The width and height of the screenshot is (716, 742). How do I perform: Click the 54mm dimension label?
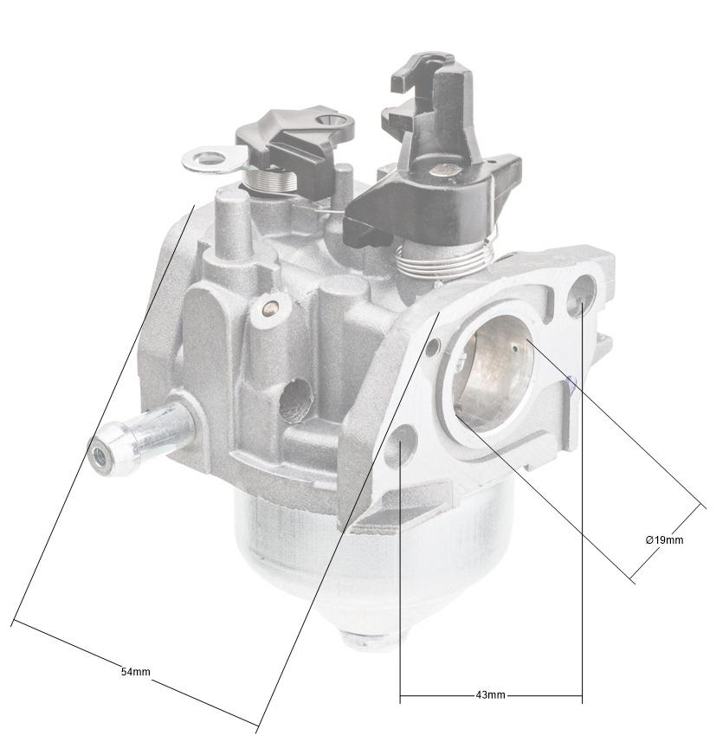(135, 671)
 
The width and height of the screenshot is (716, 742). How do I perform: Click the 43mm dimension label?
(490, 695)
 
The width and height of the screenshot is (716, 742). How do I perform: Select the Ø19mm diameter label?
(664, 539)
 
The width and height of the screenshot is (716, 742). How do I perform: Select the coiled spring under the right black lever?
(444, 258)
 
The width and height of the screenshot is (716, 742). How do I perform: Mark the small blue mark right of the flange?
(570, 385)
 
